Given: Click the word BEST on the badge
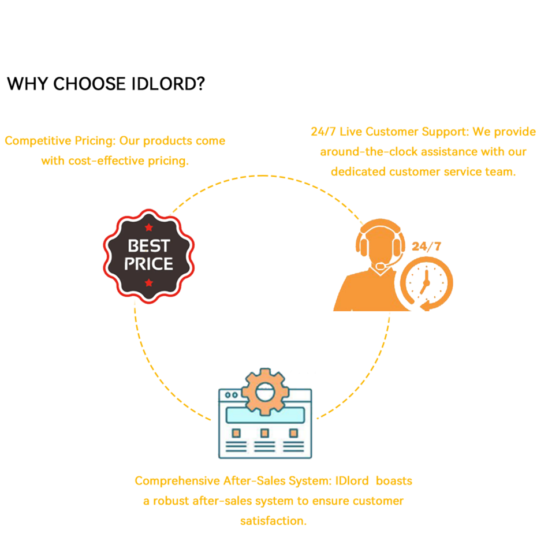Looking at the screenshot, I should (148, 247).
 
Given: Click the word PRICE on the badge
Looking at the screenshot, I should (148, 264).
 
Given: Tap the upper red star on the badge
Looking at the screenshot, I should (149, 227).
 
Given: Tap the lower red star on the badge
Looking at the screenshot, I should (149, 282).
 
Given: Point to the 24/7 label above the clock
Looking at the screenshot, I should (426, 247).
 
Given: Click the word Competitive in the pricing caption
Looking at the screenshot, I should (38, 141).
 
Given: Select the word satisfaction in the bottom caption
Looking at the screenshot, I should (273, 521).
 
